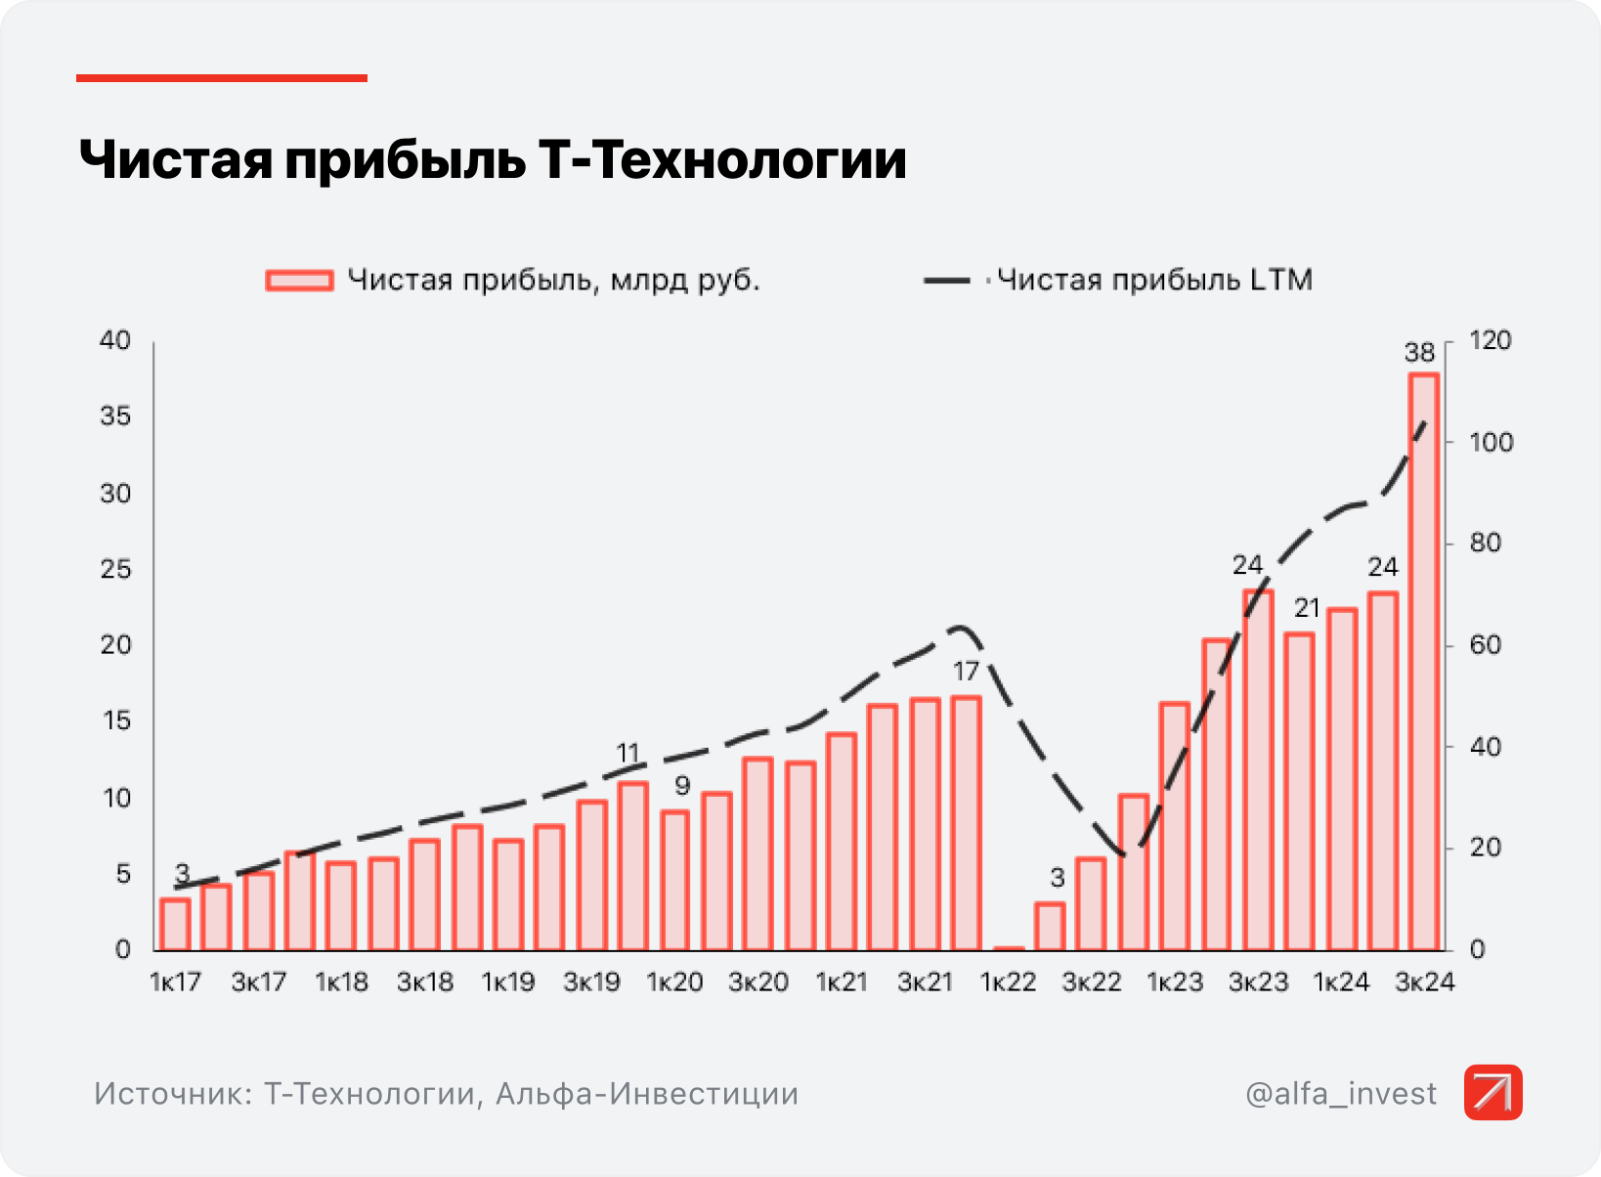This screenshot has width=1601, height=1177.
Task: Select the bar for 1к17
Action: tap(175, 924)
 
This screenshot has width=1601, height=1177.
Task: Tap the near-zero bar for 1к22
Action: tap(1008, 947)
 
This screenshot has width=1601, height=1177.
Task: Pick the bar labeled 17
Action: tap(966, 822)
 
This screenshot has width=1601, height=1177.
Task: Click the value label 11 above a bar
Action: tap(627, 754)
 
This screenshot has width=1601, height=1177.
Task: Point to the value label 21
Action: tap(1307, 608)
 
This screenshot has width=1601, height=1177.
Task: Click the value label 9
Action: tap(682, 785)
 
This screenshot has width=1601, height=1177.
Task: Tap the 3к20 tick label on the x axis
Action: tap(757, 982)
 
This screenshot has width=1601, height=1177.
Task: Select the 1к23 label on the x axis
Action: tap(1174, 982)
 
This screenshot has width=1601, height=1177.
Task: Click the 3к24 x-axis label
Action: tap(1424, 982)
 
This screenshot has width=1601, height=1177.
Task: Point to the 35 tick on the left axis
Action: tap(115, 416)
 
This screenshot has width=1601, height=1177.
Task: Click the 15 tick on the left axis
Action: tap(115, 721)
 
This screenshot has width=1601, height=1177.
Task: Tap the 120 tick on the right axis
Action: tap(1490, 341)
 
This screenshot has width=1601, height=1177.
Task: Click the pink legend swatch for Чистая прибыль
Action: tap(299, 281)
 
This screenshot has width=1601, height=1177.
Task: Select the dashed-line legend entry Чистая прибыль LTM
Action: tap(1153, 281)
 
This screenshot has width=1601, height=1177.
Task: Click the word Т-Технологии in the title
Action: tap(722, 160)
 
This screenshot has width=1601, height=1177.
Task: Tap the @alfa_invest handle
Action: tap(1341, 1093)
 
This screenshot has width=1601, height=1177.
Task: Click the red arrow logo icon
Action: tap(1493, 1092)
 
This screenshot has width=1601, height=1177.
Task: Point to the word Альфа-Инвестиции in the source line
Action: tap(647, 1093)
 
